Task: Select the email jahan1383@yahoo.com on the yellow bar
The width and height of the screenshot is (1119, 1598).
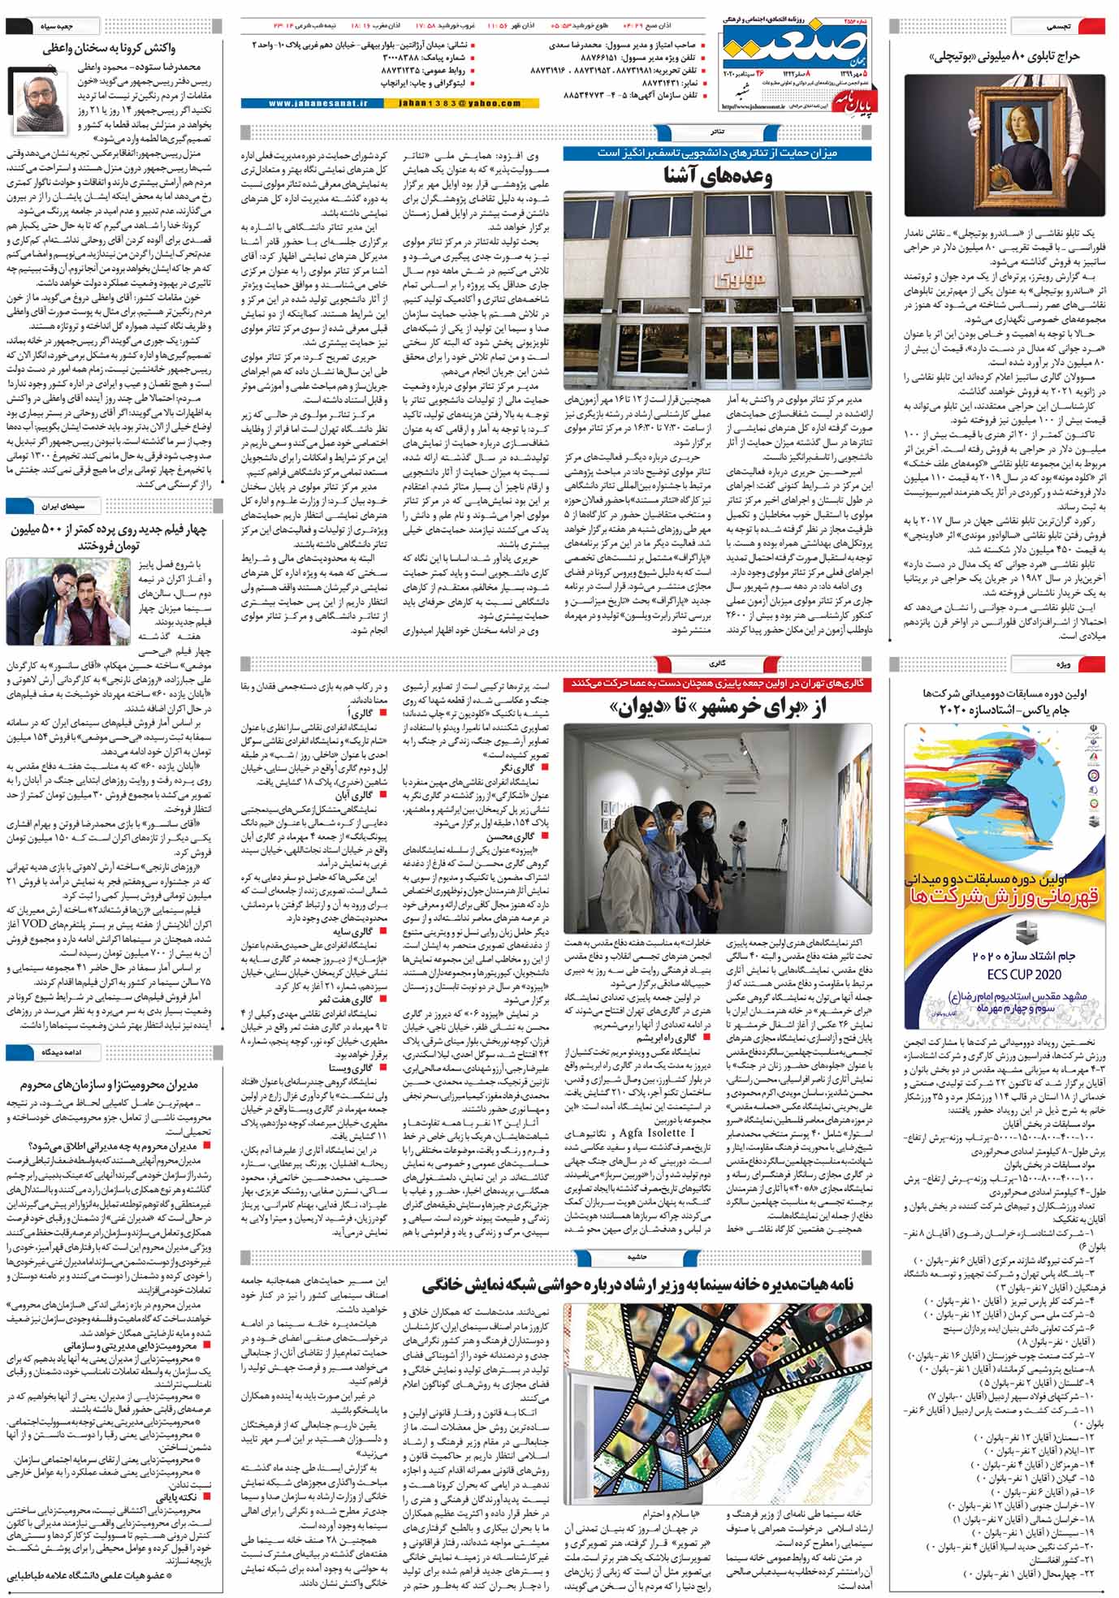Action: click(460, 103)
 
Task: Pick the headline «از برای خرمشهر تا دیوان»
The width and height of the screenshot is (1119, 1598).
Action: click(718, 708)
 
